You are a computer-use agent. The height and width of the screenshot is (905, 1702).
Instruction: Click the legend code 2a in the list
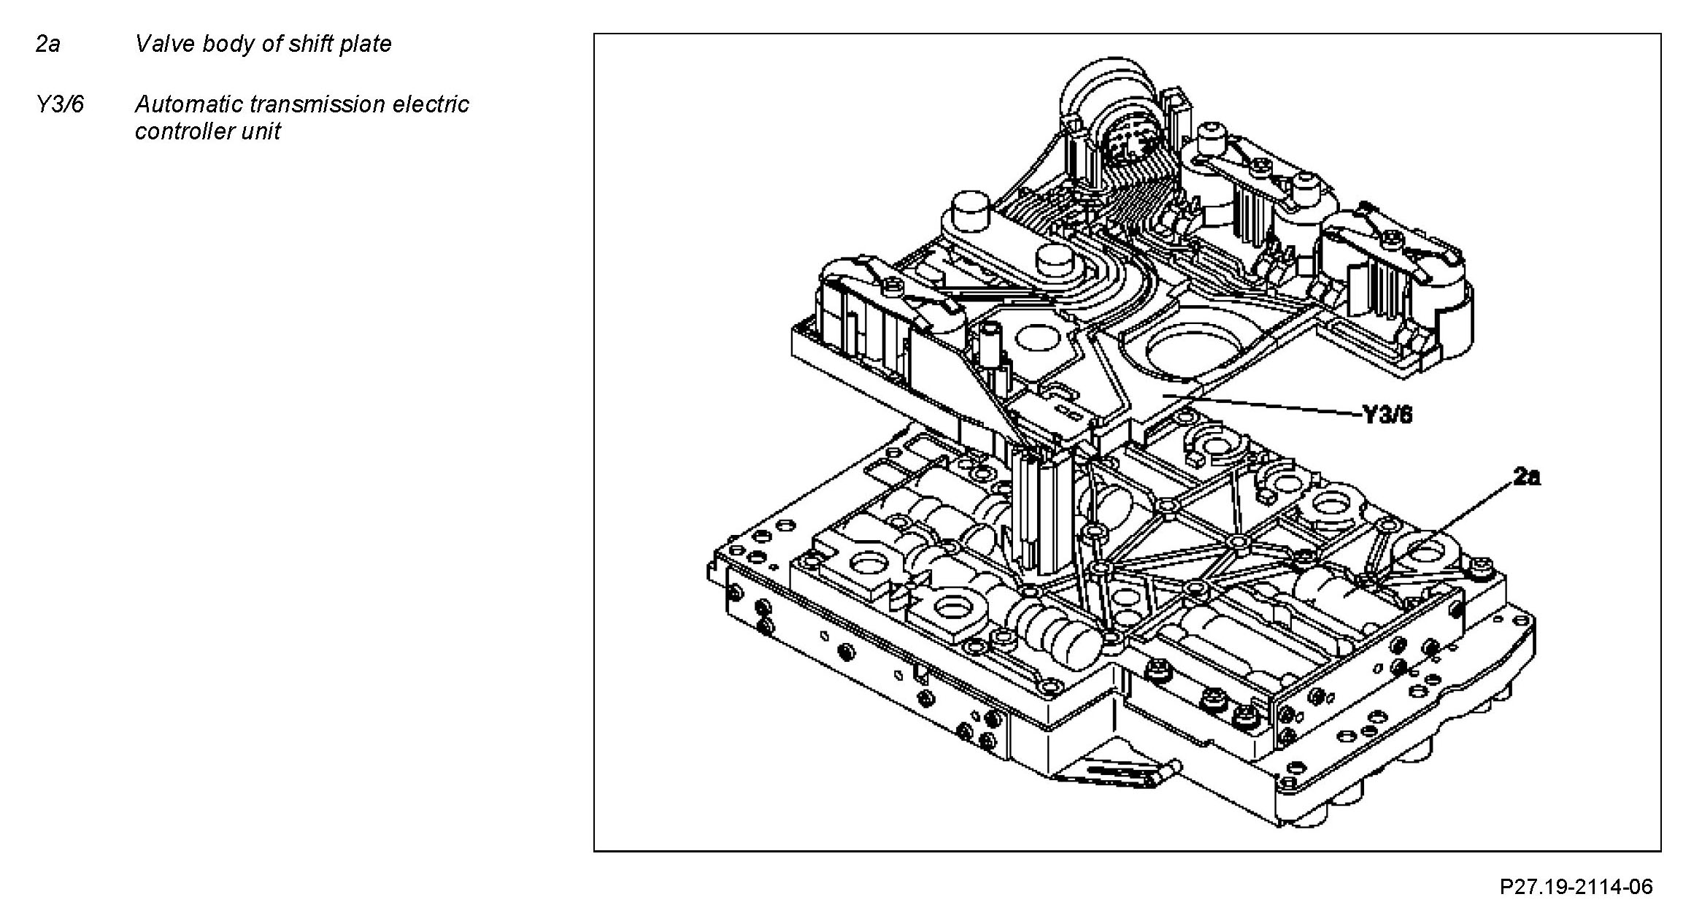[47, 45]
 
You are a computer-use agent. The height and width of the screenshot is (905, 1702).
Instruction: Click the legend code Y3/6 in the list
[60, 104]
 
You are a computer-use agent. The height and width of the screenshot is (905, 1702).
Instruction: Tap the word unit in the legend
[263, 131]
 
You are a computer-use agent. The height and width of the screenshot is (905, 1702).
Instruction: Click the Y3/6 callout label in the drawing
[1387, 415]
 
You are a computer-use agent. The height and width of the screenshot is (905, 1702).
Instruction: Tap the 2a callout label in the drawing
[1527, 477]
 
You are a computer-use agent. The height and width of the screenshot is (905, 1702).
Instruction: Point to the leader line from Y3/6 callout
[1270, 406]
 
